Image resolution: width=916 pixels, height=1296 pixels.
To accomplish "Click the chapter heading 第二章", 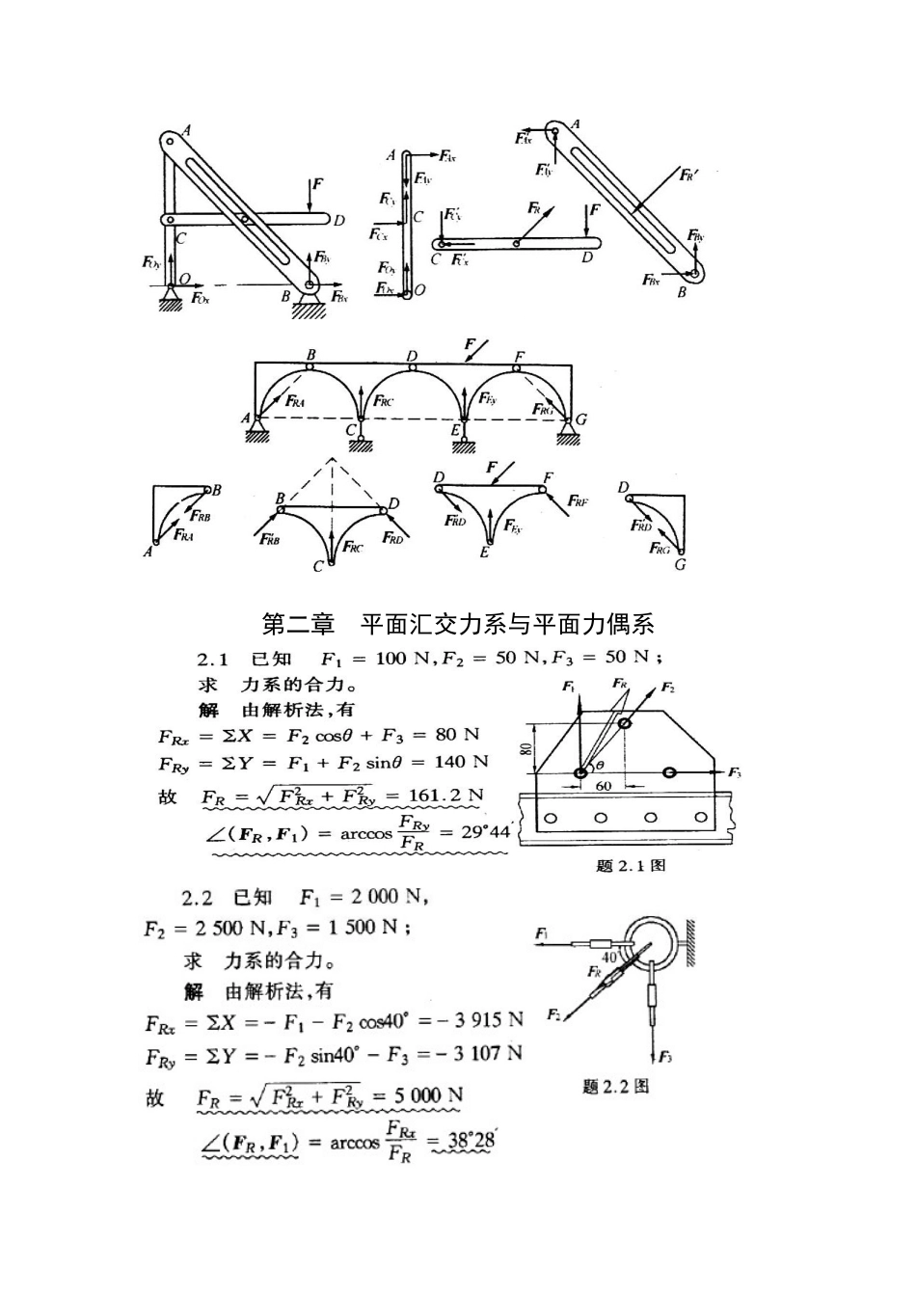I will pyautogui.click(x=298, y=624).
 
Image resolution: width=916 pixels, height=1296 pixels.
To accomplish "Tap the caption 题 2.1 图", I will pyautogui.click(x=631, y=865).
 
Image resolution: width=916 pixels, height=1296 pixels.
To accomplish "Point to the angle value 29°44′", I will pyautogui.click(x=485, y=831).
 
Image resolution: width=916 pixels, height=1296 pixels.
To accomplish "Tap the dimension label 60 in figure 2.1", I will pyautogui.click(x=604, y=786).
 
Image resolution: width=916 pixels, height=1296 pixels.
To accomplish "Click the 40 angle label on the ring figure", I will pyautogui.click(x=609, y=957).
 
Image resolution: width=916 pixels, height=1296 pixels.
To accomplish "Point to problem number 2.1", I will pyautogui.click(x=212, y=659).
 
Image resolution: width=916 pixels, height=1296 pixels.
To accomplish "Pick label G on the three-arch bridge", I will pyautogui.click(x=580, y=419).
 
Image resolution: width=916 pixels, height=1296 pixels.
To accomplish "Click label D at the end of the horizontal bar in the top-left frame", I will pyautogui.click(x=339, y=221).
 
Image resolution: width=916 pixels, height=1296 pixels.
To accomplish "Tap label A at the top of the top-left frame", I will pyautogui.click(x=186, y=130).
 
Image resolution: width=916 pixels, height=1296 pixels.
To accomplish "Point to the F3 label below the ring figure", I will pyautogui.click(x=665, y=1058).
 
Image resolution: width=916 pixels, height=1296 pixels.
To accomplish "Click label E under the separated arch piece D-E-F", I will pyautogui.click(x=484, y=553).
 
